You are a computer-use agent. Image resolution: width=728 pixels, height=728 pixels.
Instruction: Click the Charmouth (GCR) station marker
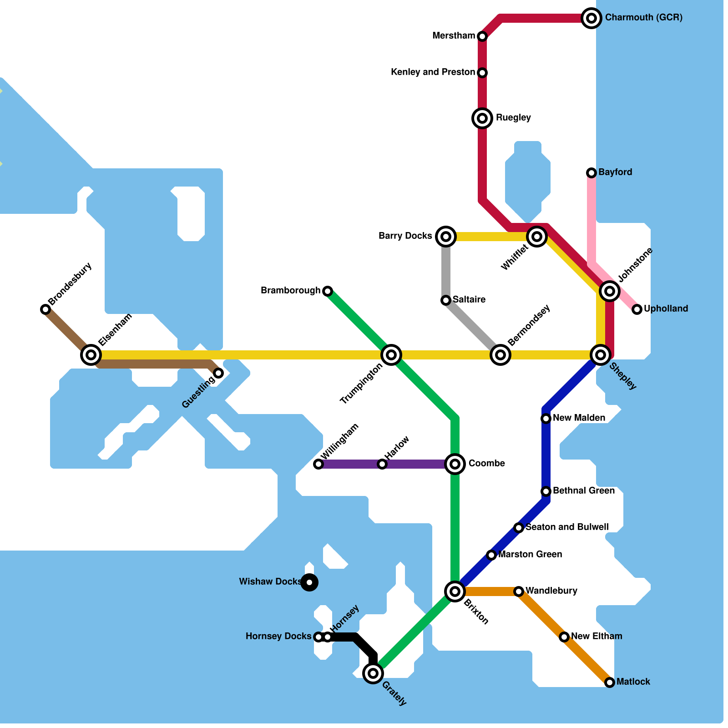(591, 18)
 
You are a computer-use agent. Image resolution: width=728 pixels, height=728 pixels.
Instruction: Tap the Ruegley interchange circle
(482, 118)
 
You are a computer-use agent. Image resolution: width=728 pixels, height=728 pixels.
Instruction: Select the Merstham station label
(454, 36)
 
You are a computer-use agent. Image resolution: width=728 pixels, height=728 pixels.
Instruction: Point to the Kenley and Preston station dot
(482, 73)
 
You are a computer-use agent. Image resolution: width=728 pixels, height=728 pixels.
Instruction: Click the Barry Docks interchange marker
(446, 237)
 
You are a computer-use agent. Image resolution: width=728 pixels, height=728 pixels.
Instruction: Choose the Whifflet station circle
(537, 237)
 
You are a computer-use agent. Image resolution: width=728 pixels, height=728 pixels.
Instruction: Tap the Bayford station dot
(591, 173)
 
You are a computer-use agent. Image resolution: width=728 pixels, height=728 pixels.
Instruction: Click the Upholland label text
(666, 309)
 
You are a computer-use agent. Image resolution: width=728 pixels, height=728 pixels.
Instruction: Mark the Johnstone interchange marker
(610, 291)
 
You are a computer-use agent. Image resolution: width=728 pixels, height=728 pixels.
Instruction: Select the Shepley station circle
(601, 355)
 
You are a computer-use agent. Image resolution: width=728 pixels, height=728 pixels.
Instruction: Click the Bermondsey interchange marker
(500, 355)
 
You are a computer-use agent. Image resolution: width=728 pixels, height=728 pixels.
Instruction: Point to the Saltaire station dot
(446, 300)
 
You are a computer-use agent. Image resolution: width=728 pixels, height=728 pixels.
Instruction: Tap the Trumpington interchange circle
(391, 355)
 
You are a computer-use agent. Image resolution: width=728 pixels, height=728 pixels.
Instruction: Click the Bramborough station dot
(328, 291)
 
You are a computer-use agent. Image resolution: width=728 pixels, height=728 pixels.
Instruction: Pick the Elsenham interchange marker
(91, 355)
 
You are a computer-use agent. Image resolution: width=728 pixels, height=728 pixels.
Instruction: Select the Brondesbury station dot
(45, 309)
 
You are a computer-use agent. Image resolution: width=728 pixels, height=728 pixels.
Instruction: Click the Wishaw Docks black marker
(309, 582)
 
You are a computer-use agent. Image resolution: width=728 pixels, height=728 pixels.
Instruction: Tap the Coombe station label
(486, 464)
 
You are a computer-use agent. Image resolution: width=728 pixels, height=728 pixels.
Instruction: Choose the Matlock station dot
(610, 682)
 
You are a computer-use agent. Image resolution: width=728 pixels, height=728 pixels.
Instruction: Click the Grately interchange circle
(373, 673)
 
